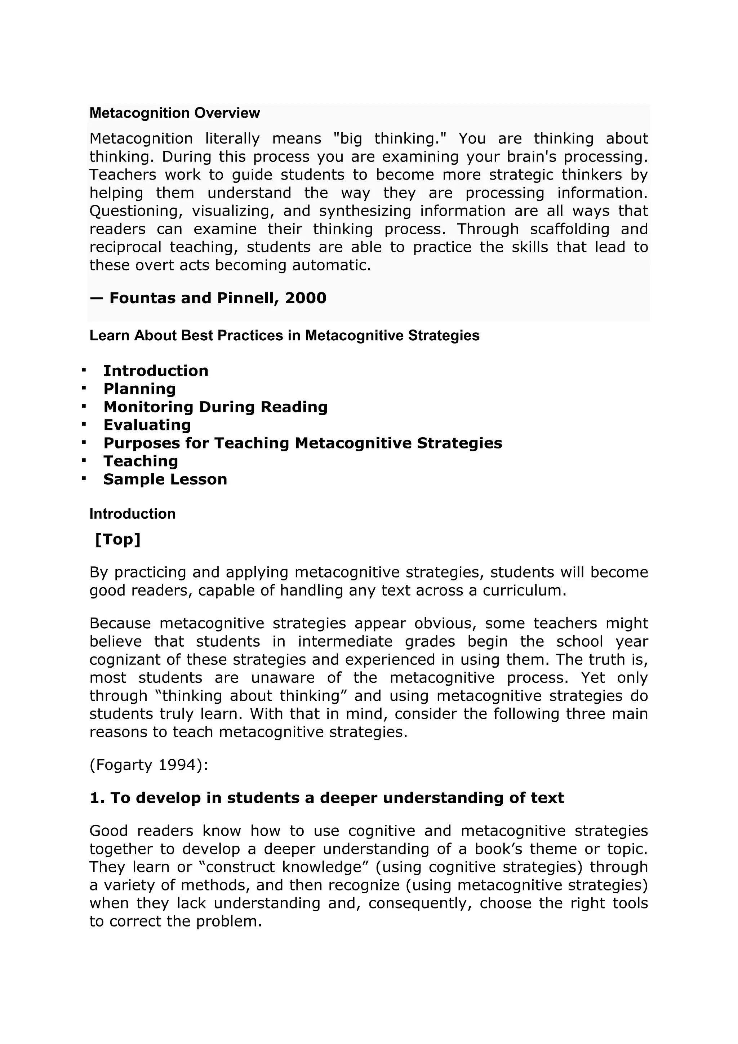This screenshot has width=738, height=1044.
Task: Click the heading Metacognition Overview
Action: tap(174, 113)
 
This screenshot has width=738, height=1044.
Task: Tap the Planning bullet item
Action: tap(139, 389)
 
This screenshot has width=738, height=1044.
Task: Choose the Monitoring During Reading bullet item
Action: tap(215, 407)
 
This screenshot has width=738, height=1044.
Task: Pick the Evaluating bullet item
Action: tap(147, 425)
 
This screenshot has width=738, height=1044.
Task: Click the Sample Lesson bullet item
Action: tap(165, 479)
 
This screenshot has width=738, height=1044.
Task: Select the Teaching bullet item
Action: tap(141, 461)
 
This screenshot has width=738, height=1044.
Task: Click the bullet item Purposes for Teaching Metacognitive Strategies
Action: tap(303, 443)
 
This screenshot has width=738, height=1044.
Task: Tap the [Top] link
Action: tap(118, 540)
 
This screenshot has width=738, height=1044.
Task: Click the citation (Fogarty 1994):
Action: tap(148, 765)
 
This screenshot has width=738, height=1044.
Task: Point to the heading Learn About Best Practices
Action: tap(284, 336)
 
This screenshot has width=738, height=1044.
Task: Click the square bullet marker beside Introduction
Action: tap(84, 370)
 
